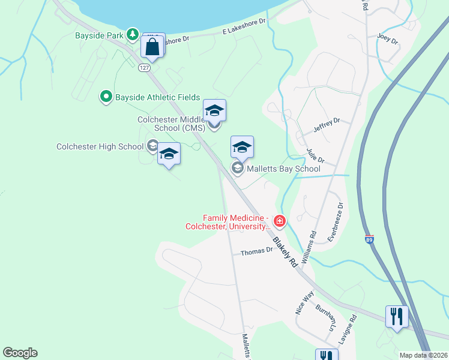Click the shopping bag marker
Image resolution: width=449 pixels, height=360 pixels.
tap(152, 46)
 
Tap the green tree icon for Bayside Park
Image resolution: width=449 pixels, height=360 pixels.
tap(133, 35)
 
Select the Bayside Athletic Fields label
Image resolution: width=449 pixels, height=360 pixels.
tap(158, 97)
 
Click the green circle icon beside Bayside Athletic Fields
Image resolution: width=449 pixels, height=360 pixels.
tap(106, 96)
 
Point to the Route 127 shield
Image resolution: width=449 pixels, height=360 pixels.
tap(143, 67)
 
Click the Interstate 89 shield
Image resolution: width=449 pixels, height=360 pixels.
tap(369, 239)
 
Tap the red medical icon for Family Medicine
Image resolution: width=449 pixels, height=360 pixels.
tap(279, 221)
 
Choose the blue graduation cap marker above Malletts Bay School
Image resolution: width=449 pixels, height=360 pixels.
tap(242, 146)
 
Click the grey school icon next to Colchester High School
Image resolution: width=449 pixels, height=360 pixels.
tap(152, 146)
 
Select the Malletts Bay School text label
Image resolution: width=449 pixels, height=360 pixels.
tap(284, 169)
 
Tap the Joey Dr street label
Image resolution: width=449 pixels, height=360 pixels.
tap(387, 39)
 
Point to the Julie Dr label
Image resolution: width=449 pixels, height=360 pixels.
tap(315, 156)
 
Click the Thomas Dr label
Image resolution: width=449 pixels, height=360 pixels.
tap(257, 253)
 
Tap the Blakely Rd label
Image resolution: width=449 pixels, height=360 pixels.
tap(286, 251)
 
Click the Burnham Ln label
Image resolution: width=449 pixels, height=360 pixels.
tap(325, 318)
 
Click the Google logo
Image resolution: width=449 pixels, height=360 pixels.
tap(20, 353)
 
